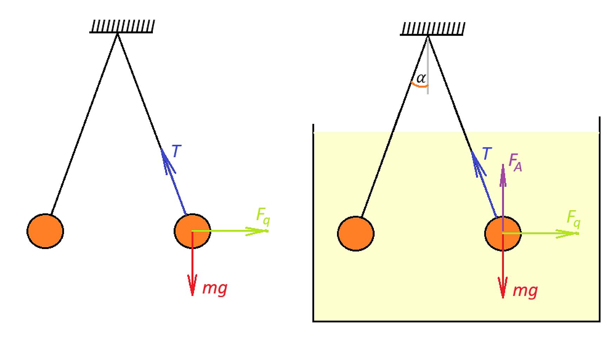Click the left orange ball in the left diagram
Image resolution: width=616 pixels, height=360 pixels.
(x=45, y=231)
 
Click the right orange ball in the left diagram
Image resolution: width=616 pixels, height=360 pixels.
(x=192, y=231)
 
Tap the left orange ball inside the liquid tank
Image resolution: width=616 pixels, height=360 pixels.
(x=356, y=233)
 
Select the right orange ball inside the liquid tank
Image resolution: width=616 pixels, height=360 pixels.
(x=503, y=233)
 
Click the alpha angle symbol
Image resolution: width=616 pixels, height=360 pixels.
(x=421, y=78)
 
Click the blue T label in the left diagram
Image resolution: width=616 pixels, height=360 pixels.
(x=176, y=151)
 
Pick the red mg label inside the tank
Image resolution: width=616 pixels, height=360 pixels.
(x=525, y=291)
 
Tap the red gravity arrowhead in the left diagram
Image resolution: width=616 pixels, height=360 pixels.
(x=192, y=285)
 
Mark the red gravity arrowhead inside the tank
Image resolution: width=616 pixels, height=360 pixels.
(x=503, y=287)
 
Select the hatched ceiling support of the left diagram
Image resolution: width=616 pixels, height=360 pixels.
(x=122, y=27)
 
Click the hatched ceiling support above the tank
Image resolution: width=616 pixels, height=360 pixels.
(x=432, y=29)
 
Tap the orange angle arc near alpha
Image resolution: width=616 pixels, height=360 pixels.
(x=419, y=85)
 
